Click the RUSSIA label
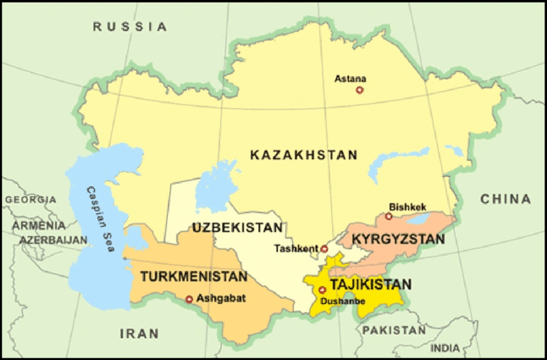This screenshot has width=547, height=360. click(x=130, y=26)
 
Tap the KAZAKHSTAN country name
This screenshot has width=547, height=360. click(x=303, y=155)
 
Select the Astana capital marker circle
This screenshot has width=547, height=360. click(x=360, y=90)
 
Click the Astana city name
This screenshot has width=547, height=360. click(x=350, y=79)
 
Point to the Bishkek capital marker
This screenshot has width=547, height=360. click(x=389, y=216)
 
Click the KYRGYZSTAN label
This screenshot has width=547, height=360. click(x=398, y=239)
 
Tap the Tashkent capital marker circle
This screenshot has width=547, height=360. click(x=324, y=249)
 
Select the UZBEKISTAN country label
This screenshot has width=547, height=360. click(x=237, y=228)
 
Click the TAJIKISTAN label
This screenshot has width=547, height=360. click(x=370, y=284)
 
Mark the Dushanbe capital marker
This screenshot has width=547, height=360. click(x=322, y=290)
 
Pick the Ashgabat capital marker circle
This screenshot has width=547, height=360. click(x=189, y=299)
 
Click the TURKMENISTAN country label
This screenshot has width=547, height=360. click(x=193, y=277)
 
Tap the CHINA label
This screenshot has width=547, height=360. click(x=506, y=199)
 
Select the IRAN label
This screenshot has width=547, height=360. click(x=139, y=334)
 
